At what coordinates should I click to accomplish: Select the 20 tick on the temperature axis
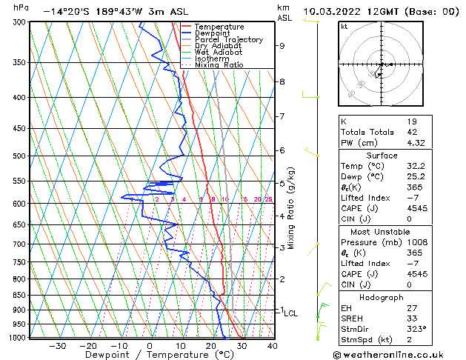coord(211,345)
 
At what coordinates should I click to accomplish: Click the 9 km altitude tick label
coord(282,46)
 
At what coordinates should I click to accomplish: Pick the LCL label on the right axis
coord(290,313)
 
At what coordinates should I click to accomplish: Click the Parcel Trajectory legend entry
coord(228,39)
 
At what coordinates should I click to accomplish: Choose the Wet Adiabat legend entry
coord(218,52)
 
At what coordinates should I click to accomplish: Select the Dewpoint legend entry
coord(213,33)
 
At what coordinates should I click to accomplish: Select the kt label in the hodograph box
coord(344,27)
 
